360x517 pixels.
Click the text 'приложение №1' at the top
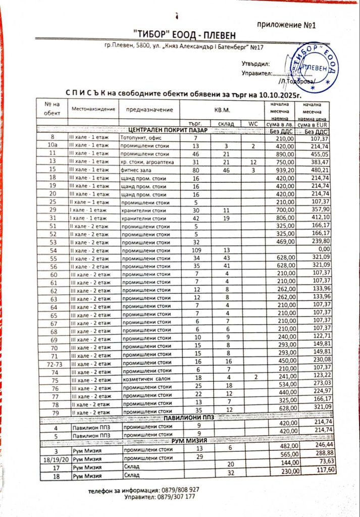click(x=286, y=25)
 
